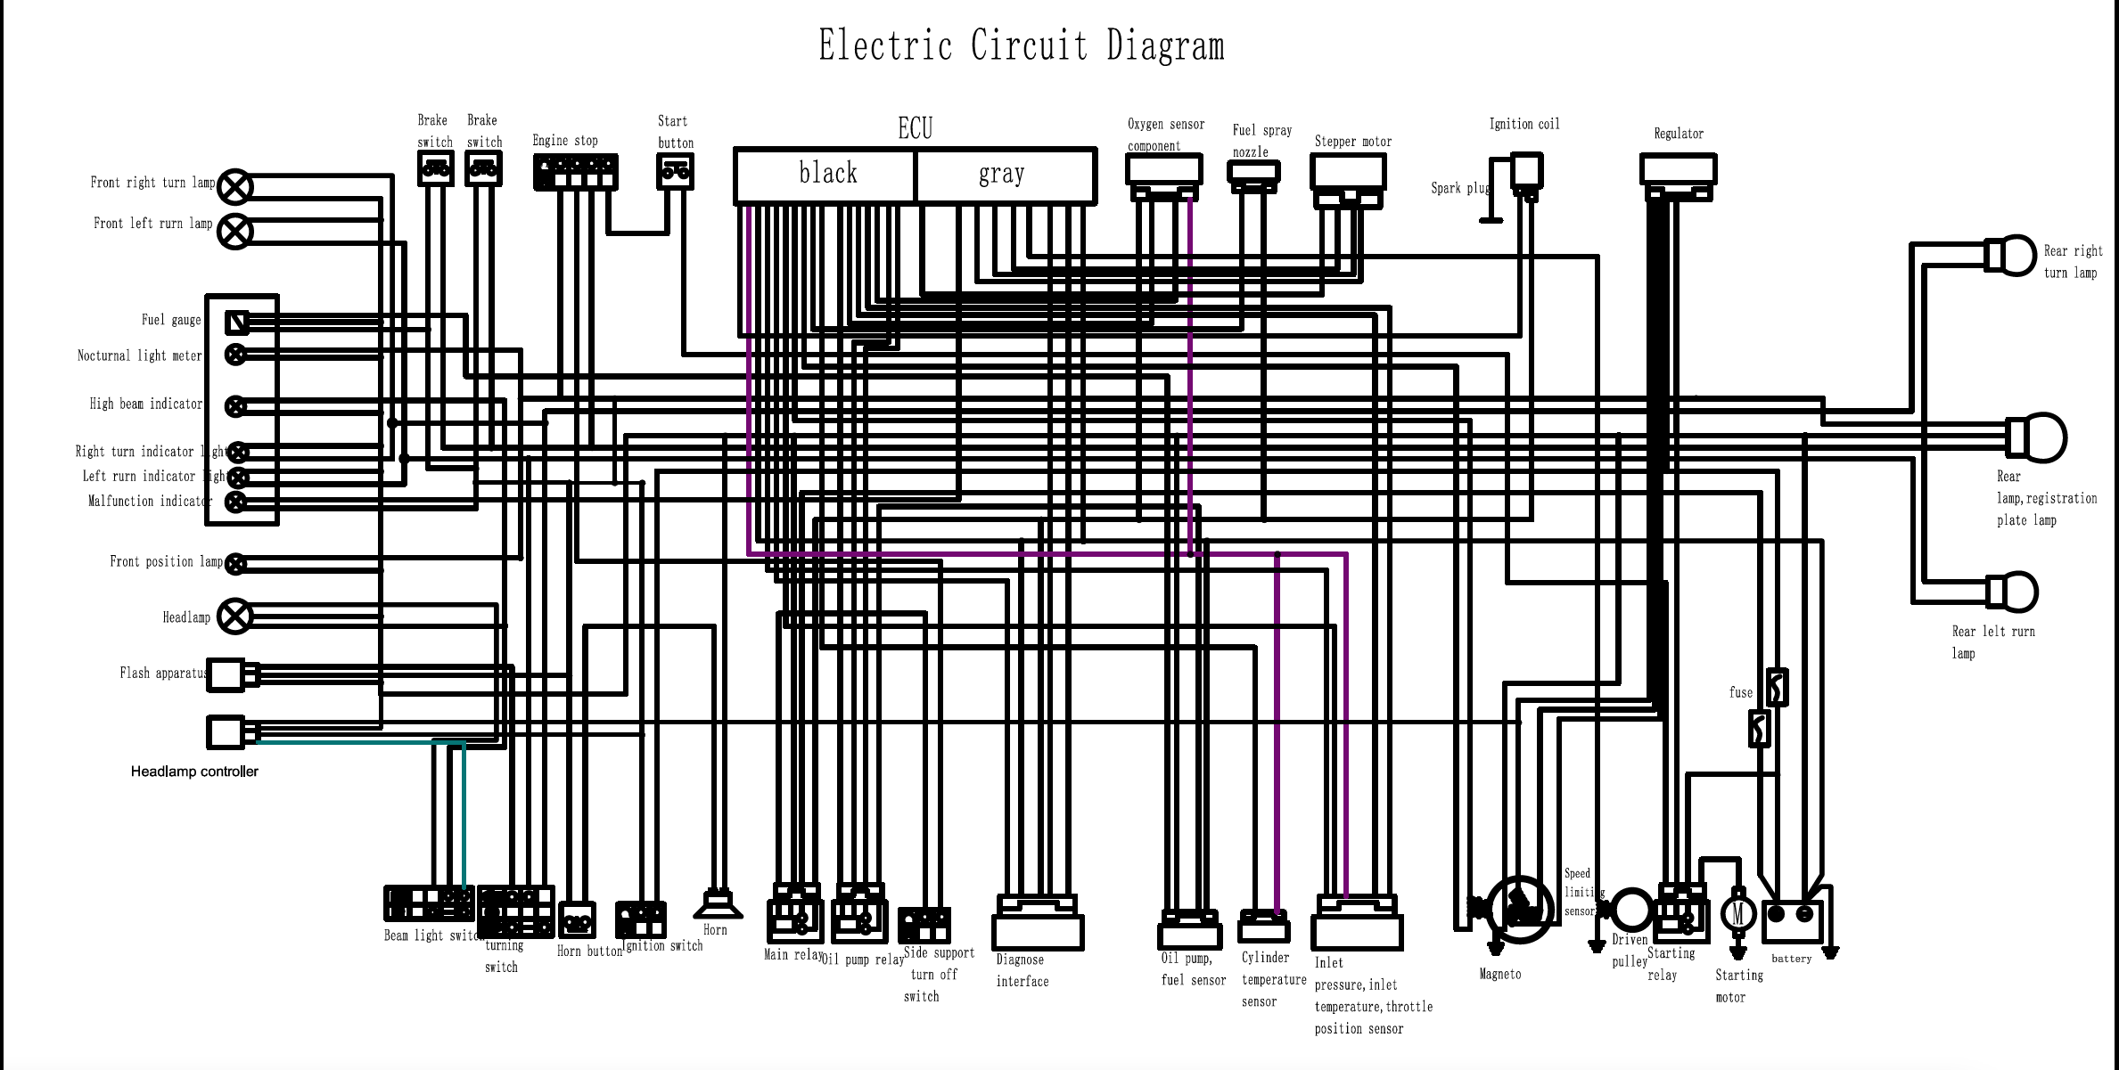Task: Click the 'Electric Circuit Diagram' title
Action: (x=1021, y=45)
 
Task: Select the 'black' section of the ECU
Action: (x=826, y=175)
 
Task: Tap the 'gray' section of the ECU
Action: (x=1004, y=175)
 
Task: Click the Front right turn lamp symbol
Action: (x=235, y=187)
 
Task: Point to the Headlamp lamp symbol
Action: (x=235, y=617)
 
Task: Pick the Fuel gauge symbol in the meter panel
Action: (x=237, y=322)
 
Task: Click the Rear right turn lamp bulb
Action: (x=2013, y=256)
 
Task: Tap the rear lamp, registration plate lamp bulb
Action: (x=2038, y=437)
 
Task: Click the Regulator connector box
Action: (x=1678, y=169)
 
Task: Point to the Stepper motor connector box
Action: (x=1348, y=172)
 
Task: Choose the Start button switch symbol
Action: (x=675, y=171)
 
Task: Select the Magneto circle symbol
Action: (x=1520, y=909)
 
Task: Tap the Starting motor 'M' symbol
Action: (x=1737, y=913)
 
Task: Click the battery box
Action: (x=1791, y=916)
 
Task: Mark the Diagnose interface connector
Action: (x=1038, y=925)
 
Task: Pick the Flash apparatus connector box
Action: (x=227, y=675)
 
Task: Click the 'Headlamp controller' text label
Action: (x=194, y=772)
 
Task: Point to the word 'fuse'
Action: (x=1740, y=692)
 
